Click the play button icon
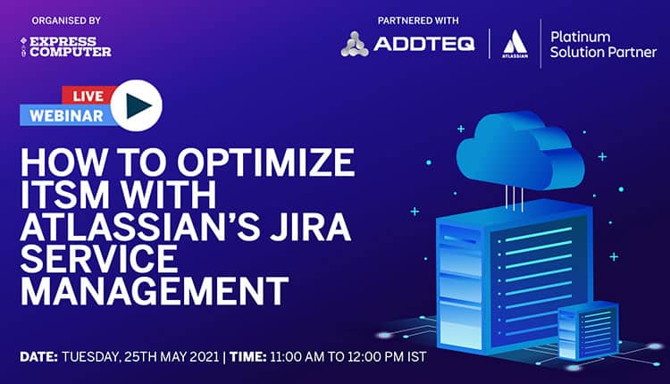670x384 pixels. pos(138,105)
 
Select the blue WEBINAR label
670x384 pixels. pos(64,115)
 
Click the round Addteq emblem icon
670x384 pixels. pos(355,44)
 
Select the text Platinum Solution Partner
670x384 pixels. pos(604,44)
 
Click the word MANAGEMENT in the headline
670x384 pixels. pos(155,292)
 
